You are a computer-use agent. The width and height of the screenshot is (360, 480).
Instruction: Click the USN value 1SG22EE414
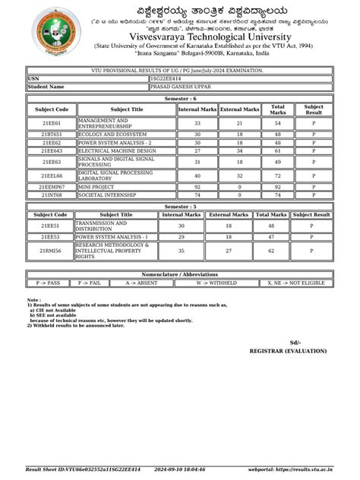tap(166, 78)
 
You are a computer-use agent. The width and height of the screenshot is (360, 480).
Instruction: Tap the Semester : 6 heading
tap(179, 99)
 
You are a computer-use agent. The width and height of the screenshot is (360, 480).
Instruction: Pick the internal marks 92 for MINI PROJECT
tap(197, 187)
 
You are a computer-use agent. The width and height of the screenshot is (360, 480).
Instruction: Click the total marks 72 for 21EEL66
tap(277, 175)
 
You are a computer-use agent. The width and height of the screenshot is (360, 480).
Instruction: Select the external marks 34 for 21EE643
tap(239, 151)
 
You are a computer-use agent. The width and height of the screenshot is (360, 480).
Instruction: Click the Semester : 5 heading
tap(179, 207)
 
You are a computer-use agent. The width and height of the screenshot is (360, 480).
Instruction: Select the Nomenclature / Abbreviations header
tap(179, 274)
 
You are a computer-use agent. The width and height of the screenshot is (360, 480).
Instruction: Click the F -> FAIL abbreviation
tap(90, 283)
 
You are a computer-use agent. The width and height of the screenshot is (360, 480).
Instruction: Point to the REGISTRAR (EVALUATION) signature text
tap(285, 351)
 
